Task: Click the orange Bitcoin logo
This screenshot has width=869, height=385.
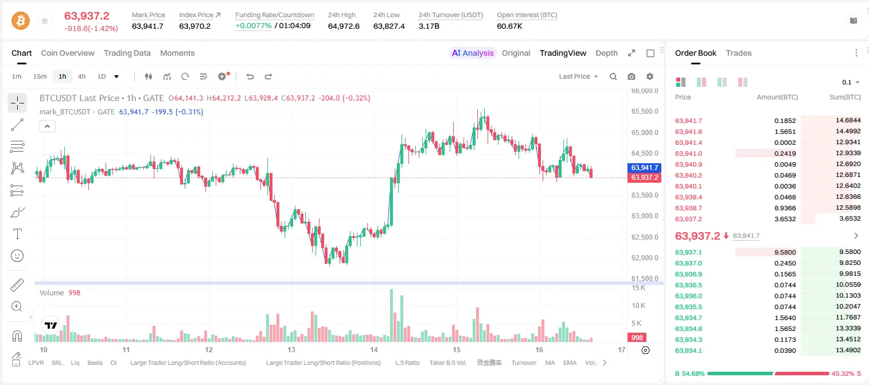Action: [21, 21]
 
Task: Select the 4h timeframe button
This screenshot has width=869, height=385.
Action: [81, 76]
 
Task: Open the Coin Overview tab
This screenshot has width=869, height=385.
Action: [68, 53]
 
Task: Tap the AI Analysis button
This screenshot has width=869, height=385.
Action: [473, 53]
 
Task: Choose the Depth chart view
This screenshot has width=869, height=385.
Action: [606, 53]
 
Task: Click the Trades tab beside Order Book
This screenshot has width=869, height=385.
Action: [739, 53]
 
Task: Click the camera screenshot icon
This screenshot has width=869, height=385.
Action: [632, 76]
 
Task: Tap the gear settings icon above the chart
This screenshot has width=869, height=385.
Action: [650, 76]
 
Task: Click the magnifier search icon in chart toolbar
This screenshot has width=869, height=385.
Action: [613, 76]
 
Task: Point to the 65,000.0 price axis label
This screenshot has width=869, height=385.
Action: [645, 133]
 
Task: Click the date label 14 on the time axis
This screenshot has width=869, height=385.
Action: [373, 349]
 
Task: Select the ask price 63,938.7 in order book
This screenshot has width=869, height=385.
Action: [688, 208]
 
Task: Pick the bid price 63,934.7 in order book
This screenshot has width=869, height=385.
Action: [688, 318]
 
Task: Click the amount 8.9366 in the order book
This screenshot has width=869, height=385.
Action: [785, 208]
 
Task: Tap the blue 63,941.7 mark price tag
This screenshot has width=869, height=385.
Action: [644, 167]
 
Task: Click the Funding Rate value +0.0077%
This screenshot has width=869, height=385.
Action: [254, 26]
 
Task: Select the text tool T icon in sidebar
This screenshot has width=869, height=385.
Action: [17, 234]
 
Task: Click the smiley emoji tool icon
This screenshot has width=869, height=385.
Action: [17, 256]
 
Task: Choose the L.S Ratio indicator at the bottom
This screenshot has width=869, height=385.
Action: [407, 363]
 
